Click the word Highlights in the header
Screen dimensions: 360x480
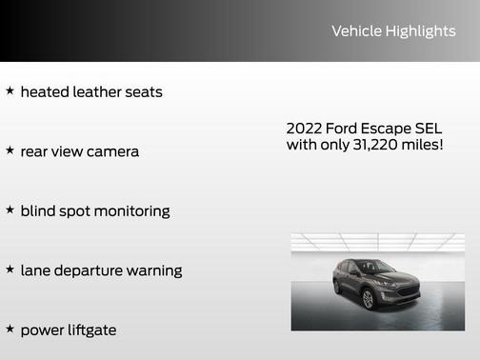(420, 31)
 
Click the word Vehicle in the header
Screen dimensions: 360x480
(356, 31)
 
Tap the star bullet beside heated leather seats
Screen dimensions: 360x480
(10, 91)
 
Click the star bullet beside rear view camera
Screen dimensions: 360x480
(10, 150)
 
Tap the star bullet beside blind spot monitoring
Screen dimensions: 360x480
(10, 210)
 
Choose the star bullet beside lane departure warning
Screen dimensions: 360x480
(10, 270)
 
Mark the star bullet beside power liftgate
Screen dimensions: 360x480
(10, 329)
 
